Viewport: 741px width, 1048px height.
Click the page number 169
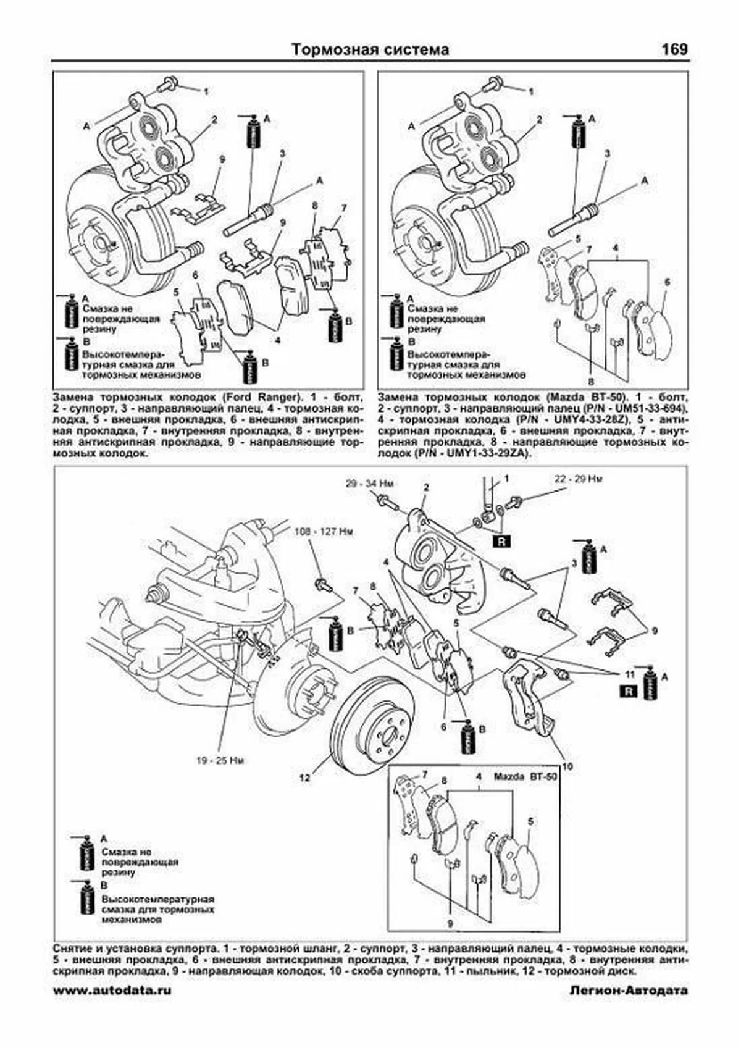pyautogui.click(x=674, y=49)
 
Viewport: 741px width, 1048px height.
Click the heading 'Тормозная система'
pyautogui.click(x=370, y=49)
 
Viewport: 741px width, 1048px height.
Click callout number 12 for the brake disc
pyautogui.click(x=304, y=778)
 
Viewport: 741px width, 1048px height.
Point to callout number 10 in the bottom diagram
pyautogui.click(x=567, y=766)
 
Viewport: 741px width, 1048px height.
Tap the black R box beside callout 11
pyautogui.click(x=628, y=691)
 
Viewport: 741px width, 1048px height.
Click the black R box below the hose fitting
pyautogui.click(x=501, y=543)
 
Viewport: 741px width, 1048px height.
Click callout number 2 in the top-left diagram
pyautogui.click(x=214, y=120)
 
